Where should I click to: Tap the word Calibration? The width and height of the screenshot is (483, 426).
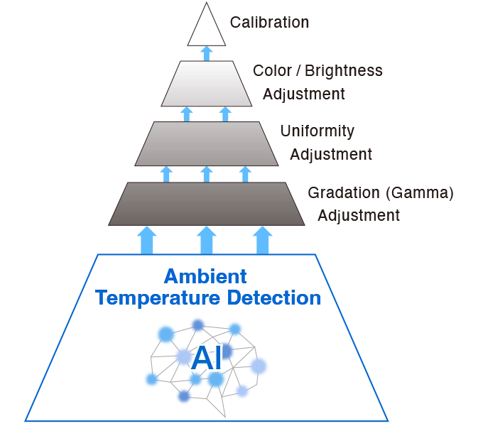269,23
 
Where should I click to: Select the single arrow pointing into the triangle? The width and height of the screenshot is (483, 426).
207,53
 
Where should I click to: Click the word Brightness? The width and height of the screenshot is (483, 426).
344,72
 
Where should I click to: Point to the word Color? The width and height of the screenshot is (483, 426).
272,71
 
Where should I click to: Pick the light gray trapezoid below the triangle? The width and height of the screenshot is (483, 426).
207,83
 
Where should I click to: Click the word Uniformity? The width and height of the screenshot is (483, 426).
318,131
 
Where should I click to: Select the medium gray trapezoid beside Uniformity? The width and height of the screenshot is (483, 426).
207,143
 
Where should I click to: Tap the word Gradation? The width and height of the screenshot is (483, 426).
344,193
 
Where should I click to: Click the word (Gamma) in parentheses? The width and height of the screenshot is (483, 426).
420,193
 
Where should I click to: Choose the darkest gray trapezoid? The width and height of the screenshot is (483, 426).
207,204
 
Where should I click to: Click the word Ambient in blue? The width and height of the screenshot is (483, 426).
205,276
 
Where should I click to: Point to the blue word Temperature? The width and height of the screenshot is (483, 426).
158,298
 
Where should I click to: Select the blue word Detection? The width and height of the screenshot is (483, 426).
274,298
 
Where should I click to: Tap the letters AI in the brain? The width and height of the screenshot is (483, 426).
207,359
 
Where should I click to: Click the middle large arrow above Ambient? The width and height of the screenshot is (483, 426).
207,241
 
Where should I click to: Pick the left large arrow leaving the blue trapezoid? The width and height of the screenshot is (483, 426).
146,241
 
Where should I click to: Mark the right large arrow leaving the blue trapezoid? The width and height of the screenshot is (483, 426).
262,241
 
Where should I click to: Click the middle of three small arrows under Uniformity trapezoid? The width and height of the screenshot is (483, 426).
207,174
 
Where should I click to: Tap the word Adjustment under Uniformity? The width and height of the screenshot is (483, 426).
331,155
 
